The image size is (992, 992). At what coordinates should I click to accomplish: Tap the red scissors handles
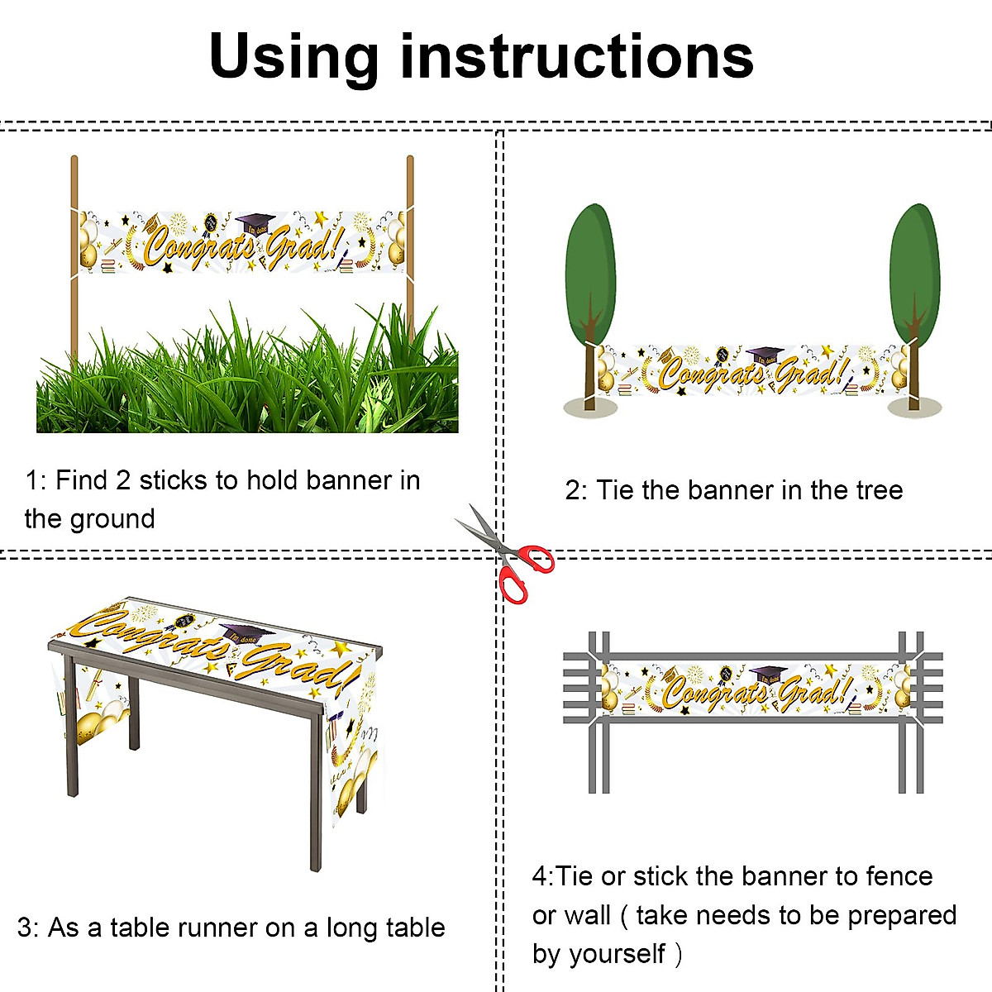pyautogui.click(x=525, y=572)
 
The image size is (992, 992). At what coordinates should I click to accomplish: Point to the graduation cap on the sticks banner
pyautogui.click(x=255, y=223)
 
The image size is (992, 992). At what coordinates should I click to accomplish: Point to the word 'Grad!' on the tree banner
pyautogui.click(x=811, y=373)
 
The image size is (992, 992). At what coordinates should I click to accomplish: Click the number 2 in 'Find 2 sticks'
pyautogui.click(x=123, y=481)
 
